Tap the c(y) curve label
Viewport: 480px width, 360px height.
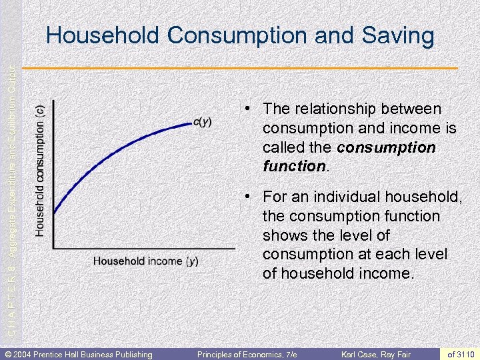(x=202, y=121)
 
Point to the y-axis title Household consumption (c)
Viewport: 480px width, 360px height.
(x=41, y=170)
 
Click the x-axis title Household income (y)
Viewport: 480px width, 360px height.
(x=145, y=261)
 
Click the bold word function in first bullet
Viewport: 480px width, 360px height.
(x=293, y=166)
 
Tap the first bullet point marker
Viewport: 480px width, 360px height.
(x=247, y=108)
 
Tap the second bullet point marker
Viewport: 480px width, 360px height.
(x=247, y=197)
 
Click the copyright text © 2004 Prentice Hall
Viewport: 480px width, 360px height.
(x=79, y=354)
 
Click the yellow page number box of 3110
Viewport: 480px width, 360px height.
(x=461, y=354)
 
